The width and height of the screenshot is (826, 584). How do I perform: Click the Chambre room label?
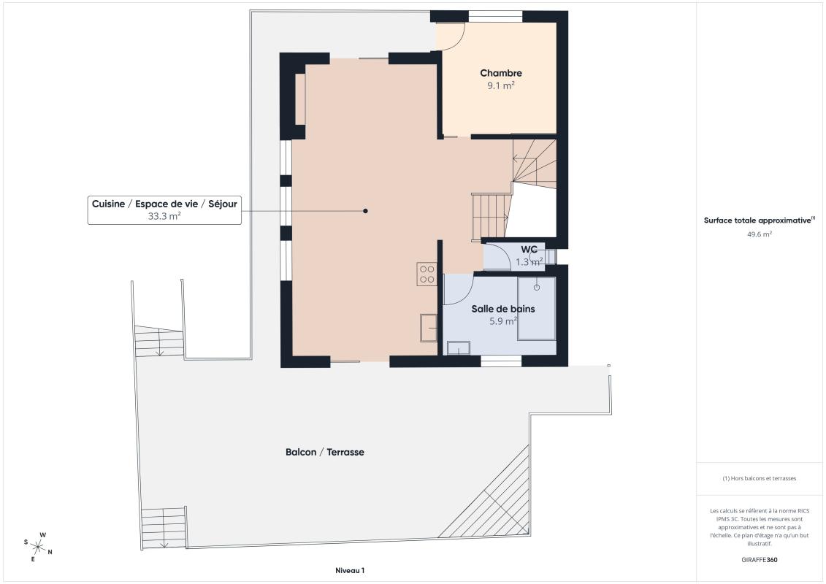pyautogui.click(x=500, y=73)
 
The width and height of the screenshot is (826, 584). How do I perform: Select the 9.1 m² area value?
pyautogui.click(x=500, y=85)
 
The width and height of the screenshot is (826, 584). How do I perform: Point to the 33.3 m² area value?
pyautogui.click(x=164, y=216)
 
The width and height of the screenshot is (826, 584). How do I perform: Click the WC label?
pyautogui.click(x=529, y=250)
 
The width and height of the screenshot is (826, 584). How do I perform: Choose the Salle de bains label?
pyautogui.click(x=502, y=309)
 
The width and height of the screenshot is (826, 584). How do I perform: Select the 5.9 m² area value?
pyautogui.click(x=502, y=320)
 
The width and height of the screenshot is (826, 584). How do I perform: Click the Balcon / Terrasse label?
pyautogui.click(x=324, y=452)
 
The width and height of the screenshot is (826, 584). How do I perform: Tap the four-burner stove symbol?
pyautogui.click(x=427, y=274)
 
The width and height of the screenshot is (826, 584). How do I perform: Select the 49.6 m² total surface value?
pyautogui.click(x=760, y=234)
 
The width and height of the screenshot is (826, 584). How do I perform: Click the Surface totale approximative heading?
pyautogui.click(x=758, y=220)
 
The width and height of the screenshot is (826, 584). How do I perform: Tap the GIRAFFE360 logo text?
pyautogui.click(x=760, y=560)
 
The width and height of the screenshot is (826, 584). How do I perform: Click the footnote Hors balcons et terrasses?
pyautogui.click(x=760, y=478)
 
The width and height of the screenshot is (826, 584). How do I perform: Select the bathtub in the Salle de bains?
pyautogui.click(x=537, y=308)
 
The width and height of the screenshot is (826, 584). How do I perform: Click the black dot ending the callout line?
pyautogui.click(x=365, y=211)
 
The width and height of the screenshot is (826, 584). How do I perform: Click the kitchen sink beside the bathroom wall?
pyautogui.click(x=428, y=328)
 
